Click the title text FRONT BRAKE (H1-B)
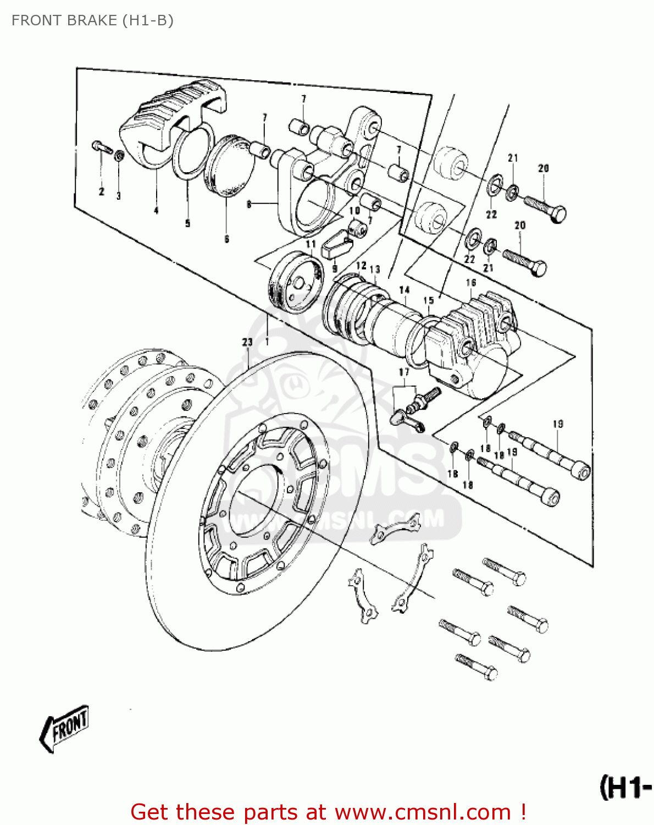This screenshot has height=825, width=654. [x=92, y=20]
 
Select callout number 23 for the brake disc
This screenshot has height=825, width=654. [x=247, y=342]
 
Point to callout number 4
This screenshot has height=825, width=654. [x=156, y=210]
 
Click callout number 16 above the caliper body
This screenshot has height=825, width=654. [x=471, y=283]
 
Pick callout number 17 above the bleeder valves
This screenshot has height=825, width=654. [x=404, y=372]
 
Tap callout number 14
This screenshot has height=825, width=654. [x=404, y=290]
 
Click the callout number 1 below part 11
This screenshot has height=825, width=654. [x=268, y=342]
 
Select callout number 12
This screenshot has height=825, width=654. [x=361, y=266]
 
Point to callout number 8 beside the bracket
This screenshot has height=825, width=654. [x=250, y=204]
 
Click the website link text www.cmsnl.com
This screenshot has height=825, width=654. [x=423, y=812]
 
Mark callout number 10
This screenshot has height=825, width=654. [x=354, y=210]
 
